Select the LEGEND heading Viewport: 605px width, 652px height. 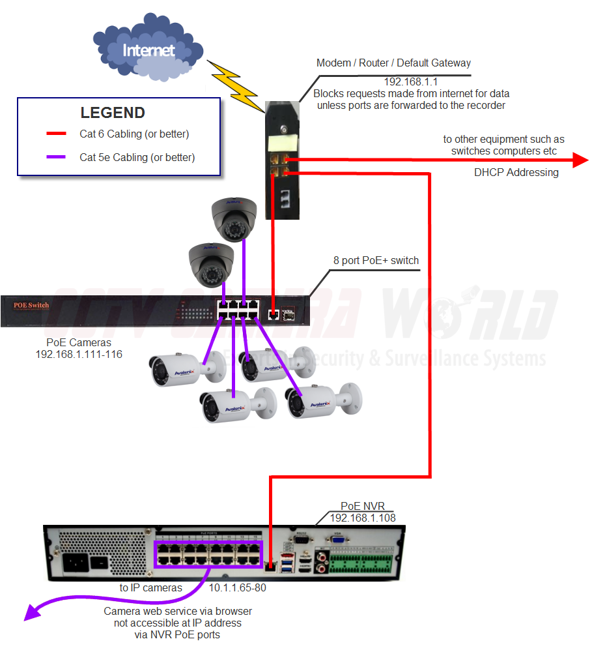coord(113,113)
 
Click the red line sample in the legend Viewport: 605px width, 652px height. coord(57,134)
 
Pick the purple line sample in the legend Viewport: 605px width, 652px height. coord(57,157)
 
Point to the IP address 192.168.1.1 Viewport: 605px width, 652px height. coord(410,82)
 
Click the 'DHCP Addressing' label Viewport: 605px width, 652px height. coord(516,173)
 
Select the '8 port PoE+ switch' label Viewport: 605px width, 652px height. coord(376,261)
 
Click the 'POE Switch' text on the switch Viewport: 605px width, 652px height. coord(31,305)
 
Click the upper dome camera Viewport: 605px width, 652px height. coord(234,220)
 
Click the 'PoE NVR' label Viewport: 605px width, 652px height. coord(362,506)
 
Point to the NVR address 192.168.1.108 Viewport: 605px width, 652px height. coord(363,518)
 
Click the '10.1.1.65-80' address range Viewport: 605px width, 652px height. coord(237,587)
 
